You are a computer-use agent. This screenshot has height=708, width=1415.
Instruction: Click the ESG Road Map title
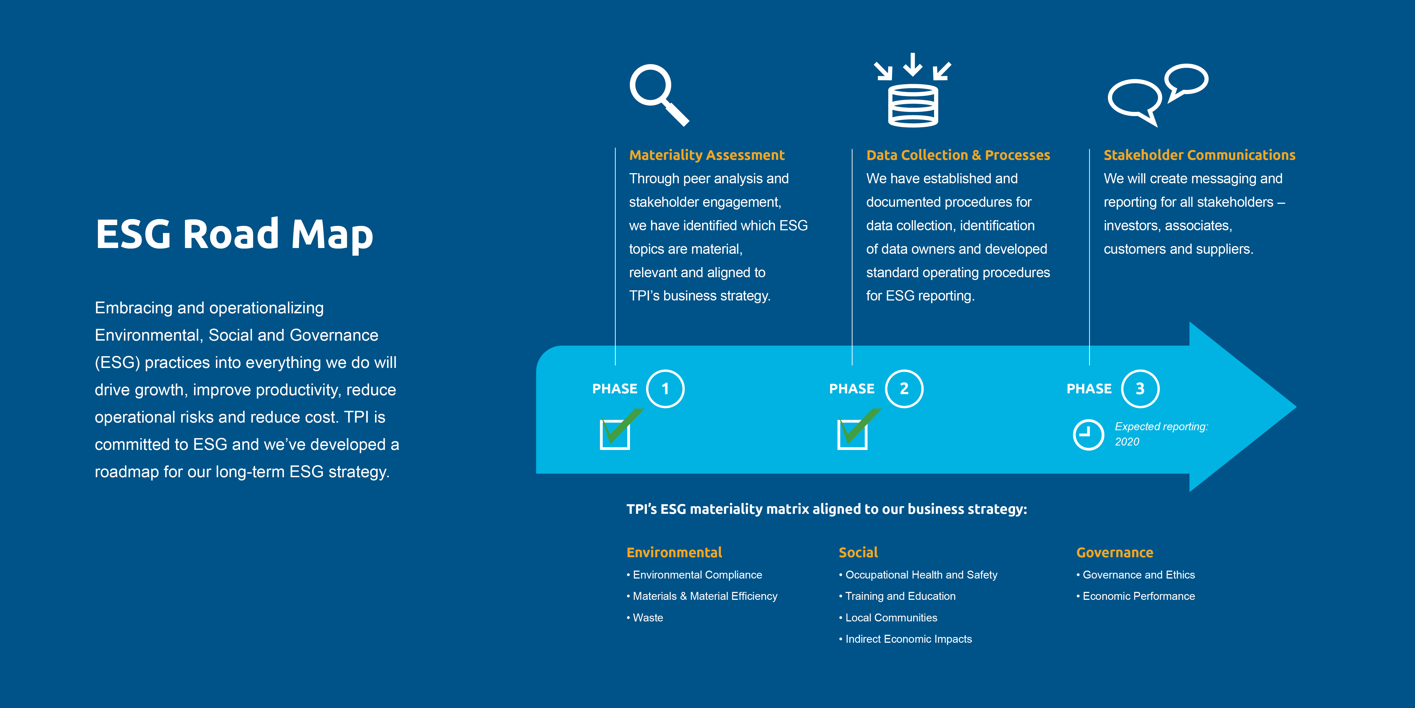point(234,234)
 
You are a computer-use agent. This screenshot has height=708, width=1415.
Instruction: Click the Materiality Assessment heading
point(706,155)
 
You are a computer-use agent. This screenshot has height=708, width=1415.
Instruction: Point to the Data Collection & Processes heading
point(958,155)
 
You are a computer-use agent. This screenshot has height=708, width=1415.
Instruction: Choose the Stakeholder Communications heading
point(1199,155)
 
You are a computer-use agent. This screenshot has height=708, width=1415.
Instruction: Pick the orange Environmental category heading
point(674,552)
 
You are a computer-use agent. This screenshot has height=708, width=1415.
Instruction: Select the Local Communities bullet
point(888,618)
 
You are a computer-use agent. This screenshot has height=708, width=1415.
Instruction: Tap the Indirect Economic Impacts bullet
point(905,639)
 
